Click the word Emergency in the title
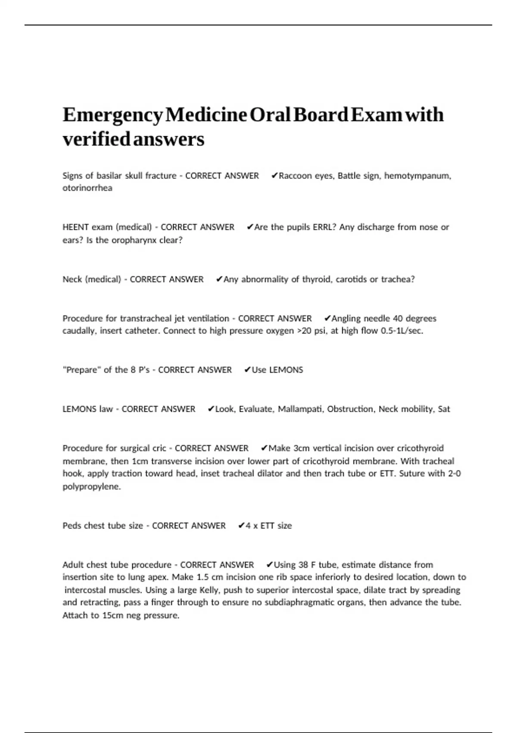tap(113, 115)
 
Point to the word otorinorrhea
tap(87, 188)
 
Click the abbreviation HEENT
tap(75, 227)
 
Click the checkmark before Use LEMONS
tap(247, 370)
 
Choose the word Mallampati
tap(300, 409)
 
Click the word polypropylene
tap(92, 487)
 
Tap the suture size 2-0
tap(454, 473)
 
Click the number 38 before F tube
tap(303, 565)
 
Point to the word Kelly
tap(209, 590)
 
